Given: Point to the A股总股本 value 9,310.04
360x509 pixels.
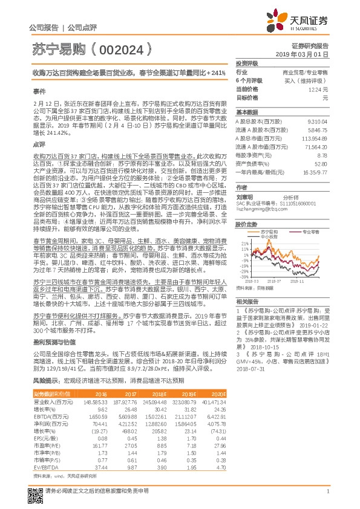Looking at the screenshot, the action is click(316, 120).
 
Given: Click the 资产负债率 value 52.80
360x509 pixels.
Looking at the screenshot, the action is click(320, 163).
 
